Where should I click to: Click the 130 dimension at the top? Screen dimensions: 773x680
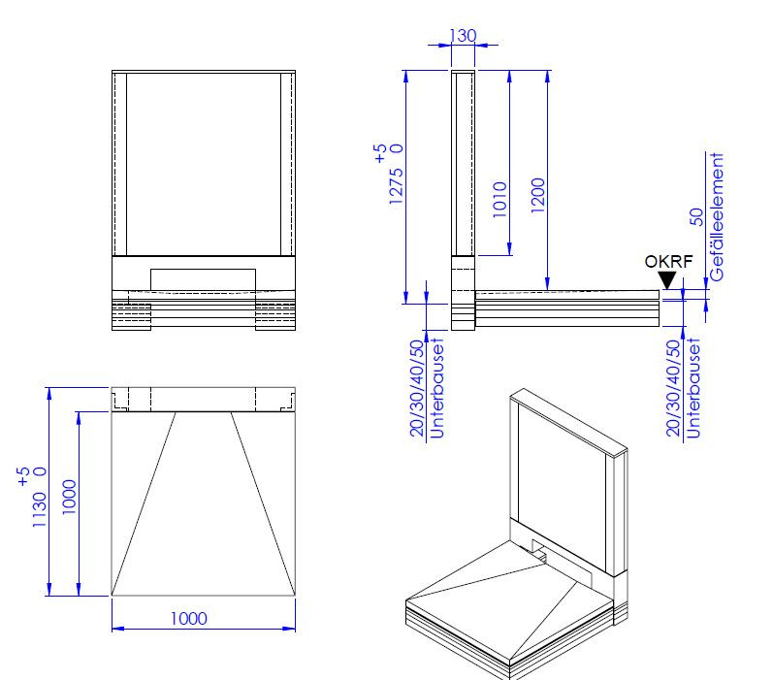pos(463,36)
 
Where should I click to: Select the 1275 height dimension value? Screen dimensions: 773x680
pos(396,187)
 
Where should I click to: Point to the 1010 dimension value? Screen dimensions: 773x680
pos(499,200)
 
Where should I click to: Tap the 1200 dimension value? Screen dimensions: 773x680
pos(538,195)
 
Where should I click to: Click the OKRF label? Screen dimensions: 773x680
pos(668,261)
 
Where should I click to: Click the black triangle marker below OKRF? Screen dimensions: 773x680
pos(667,280)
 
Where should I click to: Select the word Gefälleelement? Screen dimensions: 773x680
pos(717,216)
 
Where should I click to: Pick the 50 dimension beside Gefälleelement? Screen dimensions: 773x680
pos(696,217)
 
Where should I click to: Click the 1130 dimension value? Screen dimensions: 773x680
pos(39,510)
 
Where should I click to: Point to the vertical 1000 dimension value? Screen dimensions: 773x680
pos(69,497)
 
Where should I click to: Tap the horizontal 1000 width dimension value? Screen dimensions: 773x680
pos(189,618)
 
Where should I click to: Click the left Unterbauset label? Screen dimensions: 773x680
pos(436,388)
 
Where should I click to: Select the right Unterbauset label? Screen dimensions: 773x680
pos(692,388)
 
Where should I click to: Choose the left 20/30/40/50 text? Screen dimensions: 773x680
pos(417,388)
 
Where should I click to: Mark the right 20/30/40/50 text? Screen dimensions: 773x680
pos(673,388)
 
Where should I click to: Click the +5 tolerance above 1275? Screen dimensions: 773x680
pos(380,153)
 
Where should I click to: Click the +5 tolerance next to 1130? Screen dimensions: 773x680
pos(23,477)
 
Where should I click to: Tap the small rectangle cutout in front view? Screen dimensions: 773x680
pos(203,279)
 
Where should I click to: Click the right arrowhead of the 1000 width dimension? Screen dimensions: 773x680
pos(289,629)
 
